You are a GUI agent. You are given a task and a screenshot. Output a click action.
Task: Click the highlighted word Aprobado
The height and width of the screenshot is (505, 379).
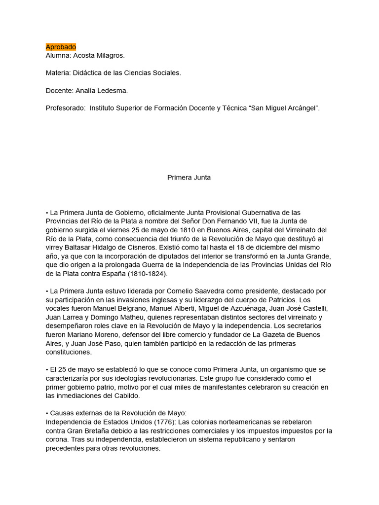(61, 47)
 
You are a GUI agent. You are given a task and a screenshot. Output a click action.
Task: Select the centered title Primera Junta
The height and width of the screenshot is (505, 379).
(189, 178)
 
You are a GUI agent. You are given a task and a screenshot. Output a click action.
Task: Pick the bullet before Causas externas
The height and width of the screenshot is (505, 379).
(47, 413)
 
